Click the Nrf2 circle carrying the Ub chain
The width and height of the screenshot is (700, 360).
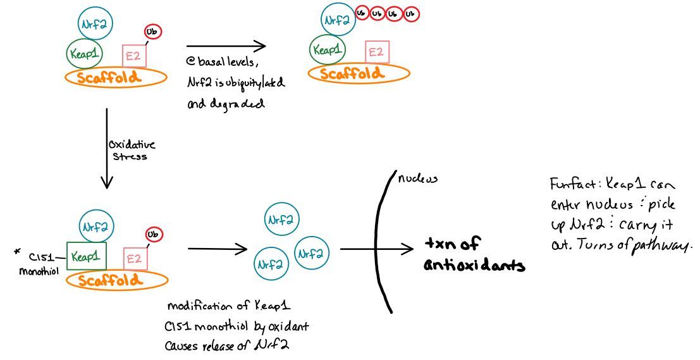point(336,21)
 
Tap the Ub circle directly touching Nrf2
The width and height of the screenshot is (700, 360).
point(362,13)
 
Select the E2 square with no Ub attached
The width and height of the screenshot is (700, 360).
point(376,52)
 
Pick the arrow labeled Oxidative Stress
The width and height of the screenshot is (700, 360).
point(107,149)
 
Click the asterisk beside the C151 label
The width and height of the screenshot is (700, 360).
point(18,254)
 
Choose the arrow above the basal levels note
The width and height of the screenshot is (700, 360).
point(226,46)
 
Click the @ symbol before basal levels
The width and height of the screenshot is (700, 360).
point(190,63)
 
